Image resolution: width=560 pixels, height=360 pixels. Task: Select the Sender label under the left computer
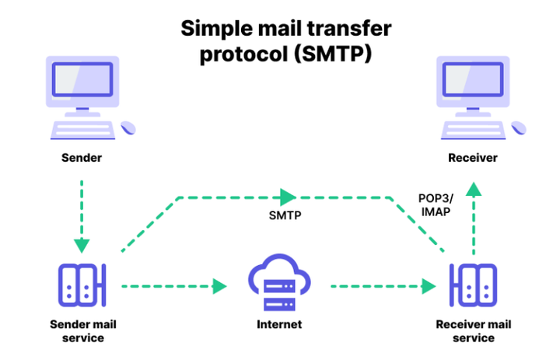[82, 158]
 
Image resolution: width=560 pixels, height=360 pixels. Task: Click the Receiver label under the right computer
[472, 158]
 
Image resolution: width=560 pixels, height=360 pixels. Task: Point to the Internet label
[280, 324]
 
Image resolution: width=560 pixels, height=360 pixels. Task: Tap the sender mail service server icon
[82, 285]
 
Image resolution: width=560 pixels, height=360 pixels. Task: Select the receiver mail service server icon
[473, 285]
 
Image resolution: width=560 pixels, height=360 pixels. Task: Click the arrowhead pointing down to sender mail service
[82, 246]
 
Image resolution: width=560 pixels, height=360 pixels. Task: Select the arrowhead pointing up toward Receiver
[472, 189]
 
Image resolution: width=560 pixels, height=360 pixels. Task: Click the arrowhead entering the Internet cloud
[220, 286]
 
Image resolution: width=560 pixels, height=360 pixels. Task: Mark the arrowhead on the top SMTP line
[289, 196]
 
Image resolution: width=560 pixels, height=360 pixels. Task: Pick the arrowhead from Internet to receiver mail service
[429, 286]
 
